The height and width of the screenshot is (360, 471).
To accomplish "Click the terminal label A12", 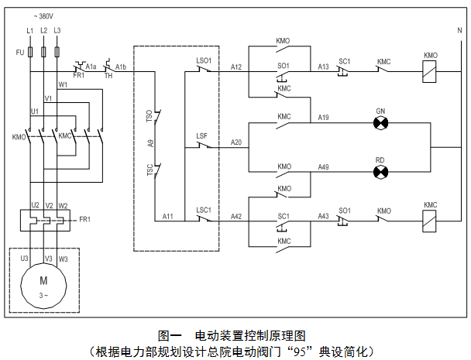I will coord(236,67).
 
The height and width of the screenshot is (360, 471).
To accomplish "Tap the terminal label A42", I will coord(236,216).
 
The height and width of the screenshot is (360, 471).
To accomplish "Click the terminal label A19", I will coord(324,117).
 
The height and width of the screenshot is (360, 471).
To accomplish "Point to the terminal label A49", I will coord(324,166).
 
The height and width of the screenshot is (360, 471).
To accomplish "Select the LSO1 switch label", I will coord(204,60).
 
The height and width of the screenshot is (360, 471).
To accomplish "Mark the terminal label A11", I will coord(168,216).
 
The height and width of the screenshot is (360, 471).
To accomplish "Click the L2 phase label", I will coord(43,30).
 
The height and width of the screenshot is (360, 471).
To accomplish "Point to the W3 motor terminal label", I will coord(63,258).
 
